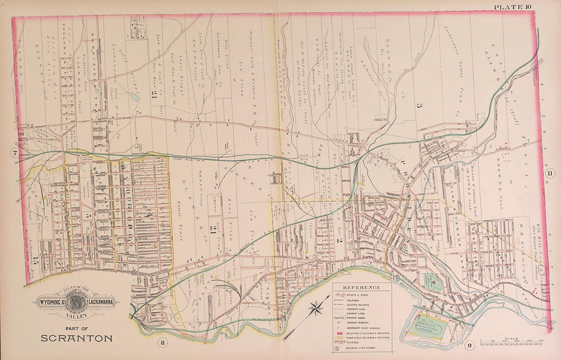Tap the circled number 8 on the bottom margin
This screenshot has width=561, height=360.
(x=162, y=342)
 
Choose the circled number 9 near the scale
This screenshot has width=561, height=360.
(x=469, y=346)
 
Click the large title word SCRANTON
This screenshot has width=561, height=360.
(x=76, y=338)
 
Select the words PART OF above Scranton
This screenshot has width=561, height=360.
(x=76, y=328)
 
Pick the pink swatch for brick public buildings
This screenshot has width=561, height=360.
(x=339, y=331)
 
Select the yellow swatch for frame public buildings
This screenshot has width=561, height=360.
(x=339, y=337)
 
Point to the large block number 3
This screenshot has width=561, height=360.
(x=418, y=106)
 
